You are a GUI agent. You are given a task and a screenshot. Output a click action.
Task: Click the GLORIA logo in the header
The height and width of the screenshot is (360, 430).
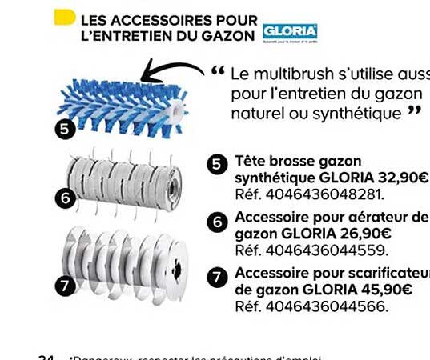tap(290, 33)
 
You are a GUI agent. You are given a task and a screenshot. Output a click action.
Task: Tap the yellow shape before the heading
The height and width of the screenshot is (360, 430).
tap(63, 18)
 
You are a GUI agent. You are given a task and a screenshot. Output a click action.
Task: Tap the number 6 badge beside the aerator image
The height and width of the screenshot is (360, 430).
tap(67, 196)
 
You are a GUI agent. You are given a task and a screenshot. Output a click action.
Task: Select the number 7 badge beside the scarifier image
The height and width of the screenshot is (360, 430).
tap(67, 283)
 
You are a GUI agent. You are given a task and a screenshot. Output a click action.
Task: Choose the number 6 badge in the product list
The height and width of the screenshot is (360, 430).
tap(217, 222)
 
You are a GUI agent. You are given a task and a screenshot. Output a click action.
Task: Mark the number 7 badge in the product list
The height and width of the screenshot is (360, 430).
tap(217, 278)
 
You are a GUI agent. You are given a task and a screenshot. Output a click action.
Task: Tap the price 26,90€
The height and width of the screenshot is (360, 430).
tap(364, 234)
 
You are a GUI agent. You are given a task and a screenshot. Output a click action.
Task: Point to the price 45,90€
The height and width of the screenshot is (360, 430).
tap(385, 290)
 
